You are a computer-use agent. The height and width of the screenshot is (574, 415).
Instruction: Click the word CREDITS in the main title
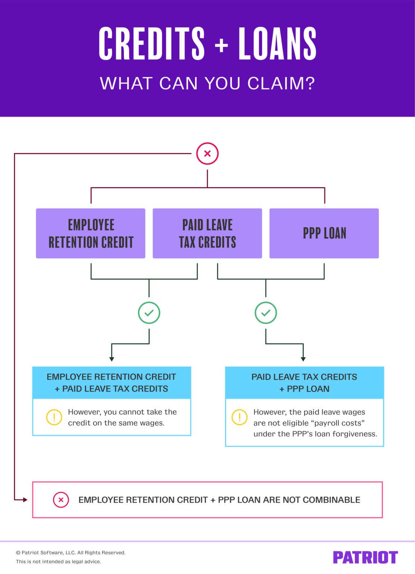(x=152, y=44)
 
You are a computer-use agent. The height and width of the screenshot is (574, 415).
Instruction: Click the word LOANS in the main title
(x=277, y=44)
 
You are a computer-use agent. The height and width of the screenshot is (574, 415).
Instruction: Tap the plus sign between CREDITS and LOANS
(x=221, y=45)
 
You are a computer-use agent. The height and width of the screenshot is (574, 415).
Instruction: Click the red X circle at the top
(x=207, y=154)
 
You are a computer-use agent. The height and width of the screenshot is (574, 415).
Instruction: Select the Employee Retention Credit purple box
(x=91, y=234)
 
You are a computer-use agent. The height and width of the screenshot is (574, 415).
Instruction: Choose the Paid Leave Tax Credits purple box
(x=207, y=234)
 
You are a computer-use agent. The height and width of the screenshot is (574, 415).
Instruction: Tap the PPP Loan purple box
(x=324, y=234)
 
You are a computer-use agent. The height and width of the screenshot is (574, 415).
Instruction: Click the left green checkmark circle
(x=149, y=313)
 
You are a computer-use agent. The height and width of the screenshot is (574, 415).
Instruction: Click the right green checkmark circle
(x=266, y=313)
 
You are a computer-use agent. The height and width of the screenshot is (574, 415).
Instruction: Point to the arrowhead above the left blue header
(x=112, y=359)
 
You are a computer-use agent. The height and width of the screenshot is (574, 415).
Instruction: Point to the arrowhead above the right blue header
(x=303, y=359)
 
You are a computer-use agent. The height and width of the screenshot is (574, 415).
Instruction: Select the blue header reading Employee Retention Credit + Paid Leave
(x=112, y=383)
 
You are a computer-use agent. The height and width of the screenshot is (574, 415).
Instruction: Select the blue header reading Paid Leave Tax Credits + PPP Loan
(x=305, y=383)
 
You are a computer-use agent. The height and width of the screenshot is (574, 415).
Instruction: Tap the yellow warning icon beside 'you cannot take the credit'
(x=54, y=417)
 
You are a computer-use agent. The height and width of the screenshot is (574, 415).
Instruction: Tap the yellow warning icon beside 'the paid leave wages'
(x=240, y=417)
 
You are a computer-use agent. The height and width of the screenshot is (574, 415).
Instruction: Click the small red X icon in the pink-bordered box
(x=61, y=500)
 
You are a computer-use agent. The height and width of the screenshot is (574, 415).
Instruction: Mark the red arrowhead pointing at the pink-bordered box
(x=25, y=500)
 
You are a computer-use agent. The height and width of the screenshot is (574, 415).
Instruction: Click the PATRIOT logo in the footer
(x=365, y=557)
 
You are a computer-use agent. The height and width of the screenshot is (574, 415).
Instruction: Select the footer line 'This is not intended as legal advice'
(x=59, y=562)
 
